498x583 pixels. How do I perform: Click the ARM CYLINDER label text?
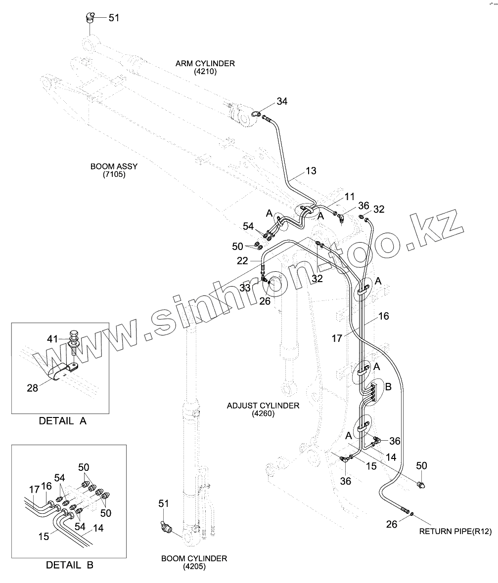[x=205, y=64]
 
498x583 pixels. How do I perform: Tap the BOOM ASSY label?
[x=114, y=167]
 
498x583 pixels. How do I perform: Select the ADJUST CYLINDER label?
[x=263, y=406]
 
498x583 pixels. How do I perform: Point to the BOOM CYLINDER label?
[x=194, y=558]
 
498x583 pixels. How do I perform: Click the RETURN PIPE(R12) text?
[x=455, y=532]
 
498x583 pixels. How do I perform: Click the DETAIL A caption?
[x=62, y=421]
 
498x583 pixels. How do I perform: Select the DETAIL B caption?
[x=70, y=565]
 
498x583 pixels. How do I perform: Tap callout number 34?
[x=282, y=101]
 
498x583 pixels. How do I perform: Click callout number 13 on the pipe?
[x=311, y=171]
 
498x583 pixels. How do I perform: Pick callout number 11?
[x=350, y=197]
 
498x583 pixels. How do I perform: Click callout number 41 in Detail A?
[x=52, y=339]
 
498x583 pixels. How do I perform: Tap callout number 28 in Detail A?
[x=33, y=388]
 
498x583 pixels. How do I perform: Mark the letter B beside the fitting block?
[x=388, y=387]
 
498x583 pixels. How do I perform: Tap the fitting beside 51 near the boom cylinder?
[x=166, y=528]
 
